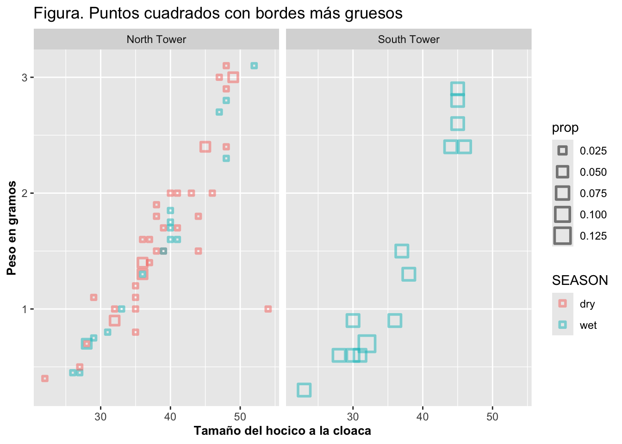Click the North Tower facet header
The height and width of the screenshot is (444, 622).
point(156,39)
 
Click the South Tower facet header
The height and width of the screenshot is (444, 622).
point(408,39)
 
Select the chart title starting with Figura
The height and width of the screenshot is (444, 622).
point(218,13)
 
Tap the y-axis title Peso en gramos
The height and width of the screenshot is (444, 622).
point(12,228)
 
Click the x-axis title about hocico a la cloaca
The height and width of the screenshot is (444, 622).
point(282,431)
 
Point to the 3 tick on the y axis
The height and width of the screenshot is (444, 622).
point(25,77)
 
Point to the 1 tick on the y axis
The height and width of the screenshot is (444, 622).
point(25,309)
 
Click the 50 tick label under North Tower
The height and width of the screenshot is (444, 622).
point(240,417)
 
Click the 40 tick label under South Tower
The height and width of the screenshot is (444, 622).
point(423,417)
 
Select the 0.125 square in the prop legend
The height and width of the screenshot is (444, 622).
point(563,236)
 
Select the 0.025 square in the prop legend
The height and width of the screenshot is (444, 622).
point(563,151)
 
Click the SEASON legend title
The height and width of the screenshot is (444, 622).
point(580,280)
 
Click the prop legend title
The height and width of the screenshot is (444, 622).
point(565,128)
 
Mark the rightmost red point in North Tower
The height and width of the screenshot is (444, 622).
point(268,309)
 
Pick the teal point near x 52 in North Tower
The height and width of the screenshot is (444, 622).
point(254,66)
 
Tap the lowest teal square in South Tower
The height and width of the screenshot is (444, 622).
point(304,390)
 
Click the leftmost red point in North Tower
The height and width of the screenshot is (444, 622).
point(45,378)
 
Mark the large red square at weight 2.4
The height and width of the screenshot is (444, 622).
point(205,147)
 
